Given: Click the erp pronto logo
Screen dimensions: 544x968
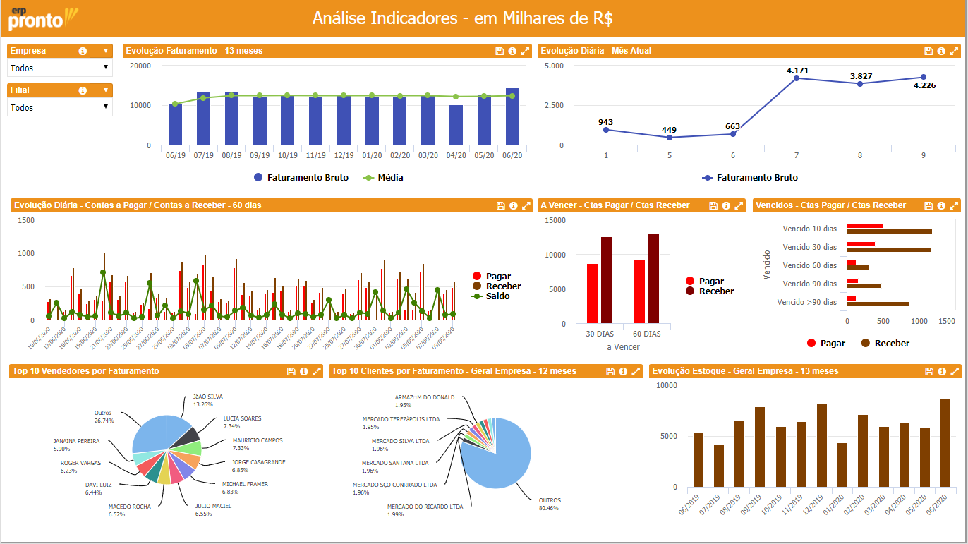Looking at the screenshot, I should pos(42,18).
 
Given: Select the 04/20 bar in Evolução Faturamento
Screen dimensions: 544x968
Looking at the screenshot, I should pos(456,125).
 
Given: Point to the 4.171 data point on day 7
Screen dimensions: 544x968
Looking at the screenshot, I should pos(797,78).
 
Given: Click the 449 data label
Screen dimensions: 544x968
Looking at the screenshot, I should pos(669,130).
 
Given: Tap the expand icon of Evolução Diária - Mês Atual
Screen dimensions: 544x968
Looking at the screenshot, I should pos(954,51).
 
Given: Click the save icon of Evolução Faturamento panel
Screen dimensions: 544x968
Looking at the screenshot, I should pos(500,51).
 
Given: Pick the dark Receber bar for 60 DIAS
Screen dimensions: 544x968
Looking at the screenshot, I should pos(653,279).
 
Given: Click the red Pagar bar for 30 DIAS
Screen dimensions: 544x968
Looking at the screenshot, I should pos(592,294).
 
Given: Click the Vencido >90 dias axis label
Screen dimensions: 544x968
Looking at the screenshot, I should pos(806,302).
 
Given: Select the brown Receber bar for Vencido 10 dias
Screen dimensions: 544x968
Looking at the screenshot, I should pos(889,231).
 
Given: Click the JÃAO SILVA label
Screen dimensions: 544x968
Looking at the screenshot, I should pos(207,397).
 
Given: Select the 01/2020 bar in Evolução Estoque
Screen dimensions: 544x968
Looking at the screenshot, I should pos(842,465).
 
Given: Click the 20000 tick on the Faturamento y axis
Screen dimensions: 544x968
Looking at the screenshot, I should pos(140,66).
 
